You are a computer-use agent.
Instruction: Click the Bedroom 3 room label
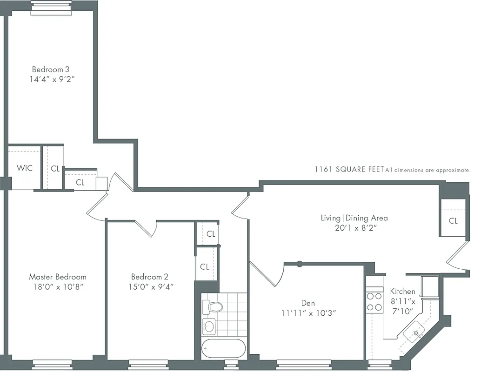pos(51,69)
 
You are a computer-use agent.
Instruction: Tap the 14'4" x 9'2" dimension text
pos(51,79)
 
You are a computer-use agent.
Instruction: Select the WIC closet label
pos(25,168)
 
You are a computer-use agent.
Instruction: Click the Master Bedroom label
pos(58,277)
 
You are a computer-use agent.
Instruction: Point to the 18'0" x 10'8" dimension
pos(58,287)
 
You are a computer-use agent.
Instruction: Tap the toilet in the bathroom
pos(214,306)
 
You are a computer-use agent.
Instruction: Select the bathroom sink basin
pos(209,326)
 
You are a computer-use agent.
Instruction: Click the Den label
pos(308,303)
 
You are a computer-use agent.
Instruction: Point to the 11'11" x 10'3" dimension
pos(308,313)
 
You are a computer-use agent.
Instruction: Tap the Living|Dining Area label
pos(354,218)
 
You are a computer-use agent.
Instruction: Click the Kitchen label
pos(402,292)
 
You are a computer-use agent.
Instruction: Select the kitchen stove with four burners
pos(374,301)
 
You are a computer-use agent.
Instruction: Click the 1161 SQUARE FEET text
pos(349,170)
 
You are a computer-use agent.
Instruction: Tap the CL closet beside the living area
pos(453,221)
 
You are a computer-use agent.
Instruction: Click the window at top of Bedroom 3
pos(51,7)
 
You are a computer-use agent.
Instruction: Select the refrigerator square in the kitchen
pos(429,286)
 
